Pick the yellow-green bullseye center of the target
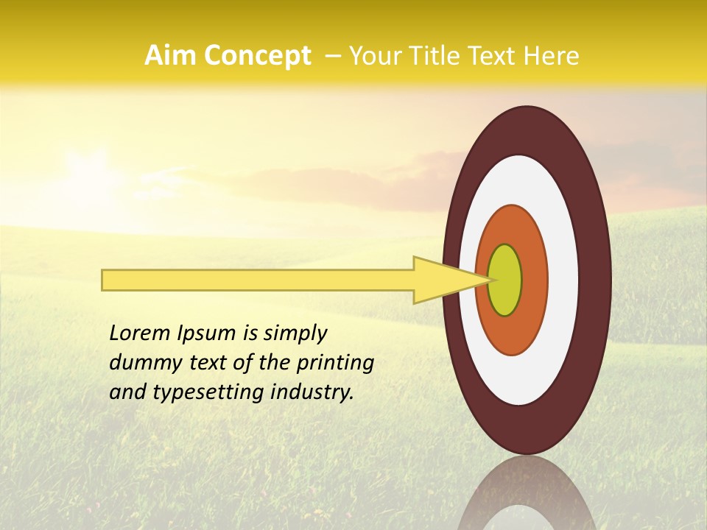[505, 280]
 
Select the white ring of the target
[563, 280]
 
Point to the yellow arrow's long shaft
[258, 280]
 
